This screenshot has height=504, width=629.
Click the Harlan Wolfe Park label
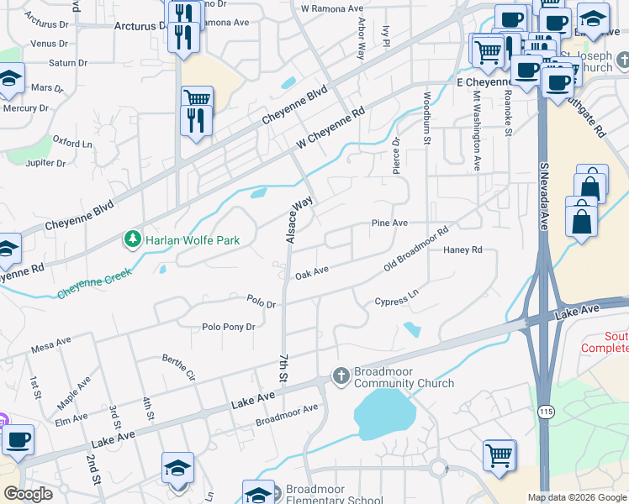point(193,240)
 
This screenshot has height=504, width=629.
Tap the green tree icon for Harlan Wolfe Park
point(132,240)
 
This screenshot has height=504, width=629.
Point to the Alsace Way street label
point(300,220)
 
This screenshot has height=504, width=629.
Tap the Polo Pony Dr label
point(228,327)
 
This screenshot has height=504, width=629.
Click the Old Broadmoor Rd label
point(416,249)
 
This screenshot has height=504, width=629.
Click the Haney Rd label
point(462,249)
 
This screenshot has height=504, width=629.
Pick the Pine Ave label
point(390,223)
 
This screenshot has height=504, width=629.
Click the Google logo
point(29,494)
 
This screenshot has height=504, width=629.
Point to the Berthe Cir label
point(179,366)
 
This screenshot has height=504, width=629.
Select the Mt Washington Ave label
point(476,131)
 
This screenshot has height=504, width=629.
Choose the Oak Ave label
point(311,274)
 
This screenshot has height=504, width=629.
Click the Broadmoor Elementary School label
point(334,496)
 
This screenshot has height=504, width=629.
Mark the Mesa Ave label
point(51,344)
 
